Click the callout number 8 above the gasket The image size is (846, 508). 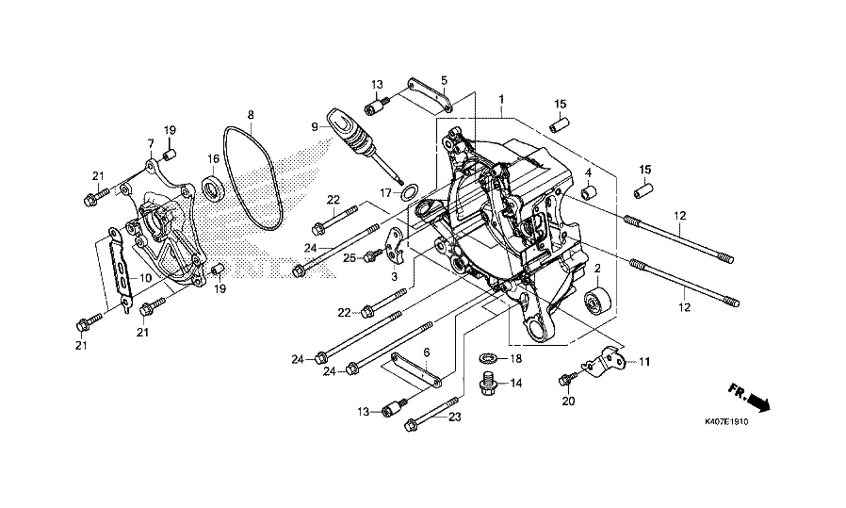pyautogui.click(x=251, y=115)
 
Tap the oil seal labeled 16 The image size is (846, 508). pyautogui.click(x=213, y=187)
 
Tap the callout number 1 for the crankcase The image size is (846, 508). pyautogui.click(x=501, y=99)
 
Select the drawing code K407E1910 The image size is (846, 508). pyautogui.click(x=726, y=421)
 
